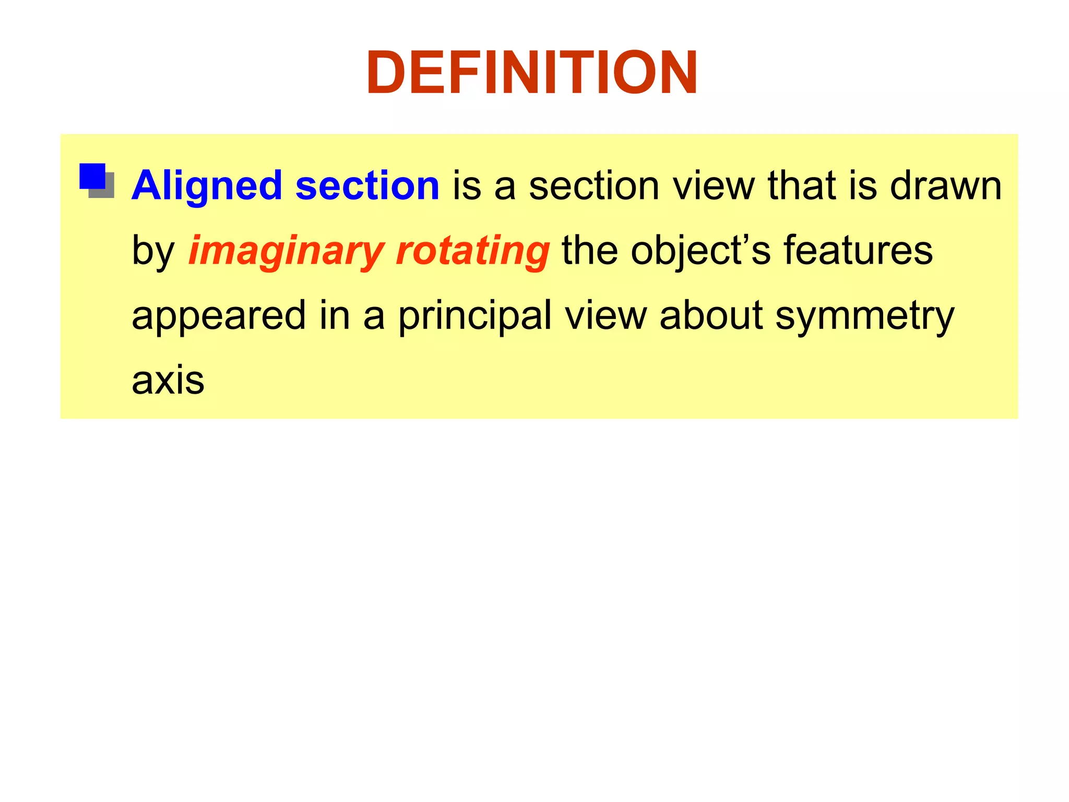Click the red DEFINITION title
click(532, 73)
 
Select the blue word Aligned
click(207, 186)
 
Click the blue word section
click(367, 186)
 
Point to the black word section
click(594, 186)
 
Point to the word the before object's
click(590, 251)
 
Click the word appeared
click(218, 316)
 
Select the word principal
click(475, 316)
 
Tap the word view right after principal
click(605, 315)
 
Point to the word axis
click(168, 380)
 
